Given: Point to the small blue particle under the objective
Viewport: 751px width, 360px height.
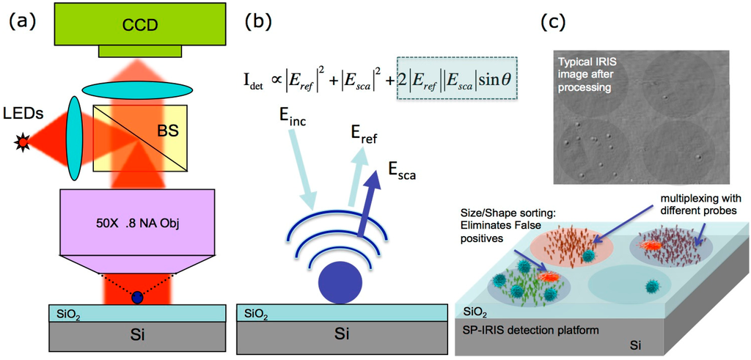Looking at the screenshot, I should (137, 297).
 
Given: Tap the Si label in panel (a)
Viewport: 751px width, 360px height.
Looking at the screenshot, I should (137, 336).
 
